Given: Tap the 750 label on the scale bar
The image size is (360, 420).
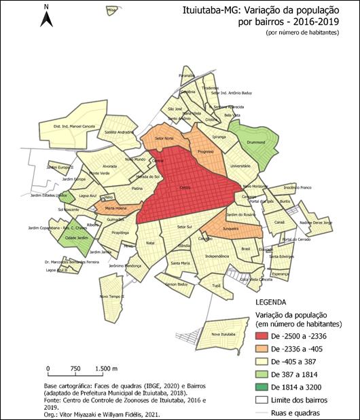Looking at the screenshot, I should coord(76,368).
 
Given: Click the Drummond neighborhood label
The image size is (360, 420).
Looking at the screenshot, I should coord(254,143).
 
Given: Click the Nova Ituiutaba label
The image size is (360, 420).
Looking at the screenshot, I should coord(223,334).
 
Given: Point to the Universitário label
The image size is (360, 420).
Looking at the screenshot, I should coord(241,165).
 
